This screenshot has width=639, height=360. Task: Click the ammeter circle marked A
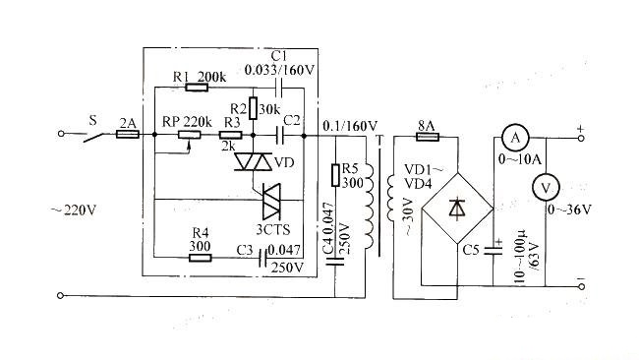click(x=515, y=139)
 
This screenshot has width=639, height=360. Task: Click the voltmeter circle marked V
click(x=546, y=187)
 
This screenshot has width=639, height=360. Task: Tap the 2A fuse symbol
click(x=128, y=134)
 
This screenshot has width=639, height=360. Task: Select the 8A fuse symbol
click(x=428, y=137)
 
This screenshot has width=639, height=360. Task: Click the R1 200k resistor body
click(x=197, y=88)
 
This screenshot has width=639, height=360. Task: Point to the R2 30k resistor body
click(x=253, y=108)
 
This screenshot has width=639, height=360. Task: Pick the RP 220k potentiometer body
click(x=190, y=135)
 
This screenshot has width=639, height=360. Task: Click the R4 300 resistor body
click(x=201, y=258)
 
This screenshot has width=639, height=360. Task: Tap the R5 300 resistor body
click(x=335, y=175)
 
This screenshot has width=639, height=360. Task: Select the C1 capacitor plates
click(x=279, y=88)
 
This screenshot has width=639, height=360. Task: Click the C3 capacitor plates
click(x=262, y=258)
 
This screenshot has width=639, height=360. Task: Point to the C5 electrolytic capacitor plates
click(x=494, y=251)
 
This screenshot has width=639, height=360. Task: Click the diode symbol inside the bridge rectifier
click(x=456, y=208)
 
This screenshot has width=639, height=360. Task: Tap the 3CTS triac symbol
click(x=271, y=201)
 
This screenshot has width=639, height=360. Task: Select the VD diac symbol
click(x=254, y=162)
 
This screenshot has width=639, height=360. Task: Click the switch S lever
click(x=94, y=138)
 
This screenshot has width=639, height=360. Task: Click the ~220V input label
click(x=74, y=210)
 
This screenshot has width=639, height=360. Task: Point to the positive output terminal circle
click(x=581, y=139)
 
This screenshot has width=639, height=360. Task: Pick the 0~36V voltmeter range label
click(x=569, y=210)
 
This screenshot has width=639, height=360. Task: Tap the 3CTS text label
click(x=273, y=230)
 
